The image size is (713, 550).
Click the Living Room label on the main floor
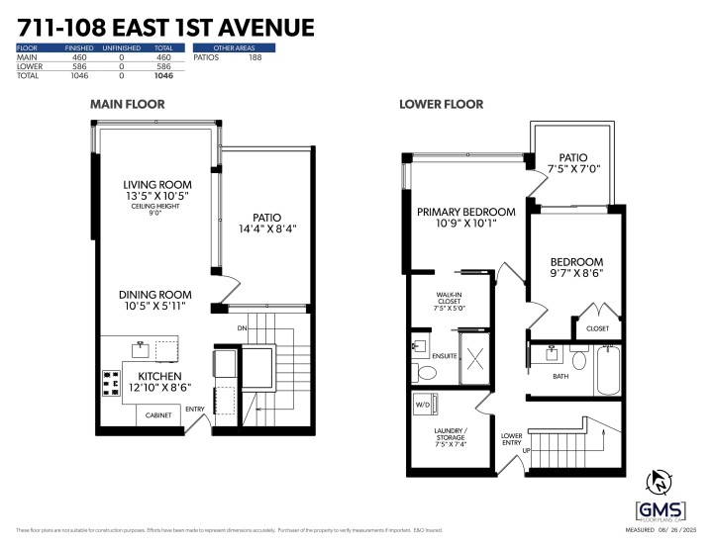pos(157,185)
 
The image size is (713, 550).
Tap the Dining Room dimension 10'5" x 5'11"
pos(155,307)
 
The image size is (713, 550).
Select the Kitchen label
pos(158,377)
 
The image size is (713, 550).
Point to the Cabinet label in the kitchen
pos(158,415)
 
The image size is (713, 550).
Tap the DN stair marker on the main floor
pos(241,328)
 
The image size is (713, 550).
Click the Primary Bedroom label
pos(465,212)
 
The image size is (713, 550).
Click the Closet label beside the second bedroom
pos(598,327)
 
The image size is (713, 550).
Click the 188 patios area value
pos(255,58)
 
